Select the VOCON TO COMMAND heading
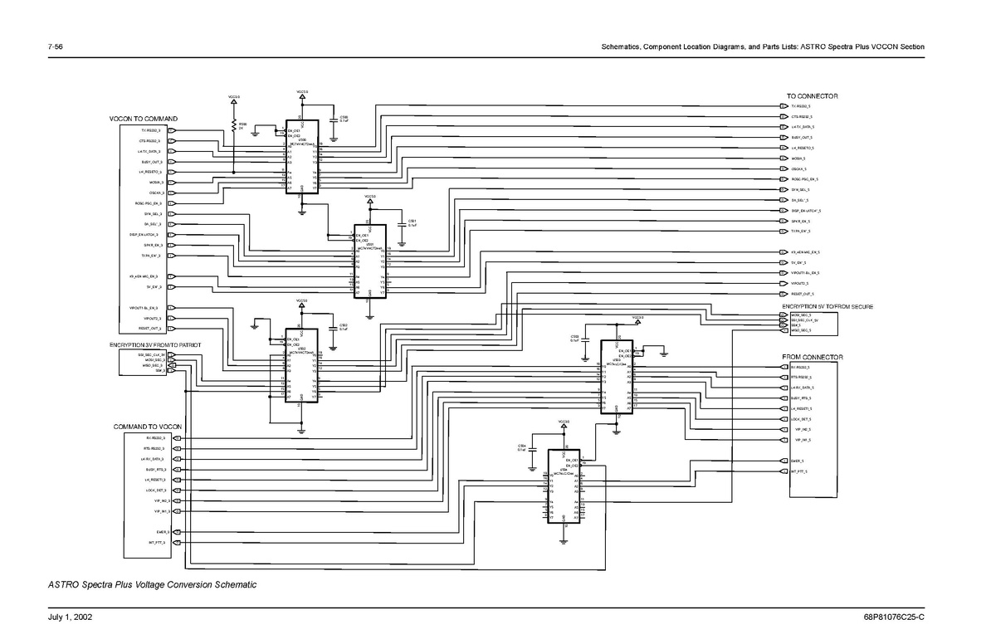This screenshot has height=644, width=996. [x=144, y=120]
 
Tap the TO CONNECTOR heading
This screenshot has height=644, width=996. [x=812, y=96]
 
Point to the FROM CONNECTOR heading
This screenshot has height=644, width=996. [x=812, y=357]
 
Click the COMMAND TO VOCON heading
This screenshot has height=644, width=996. [x=148, y=427]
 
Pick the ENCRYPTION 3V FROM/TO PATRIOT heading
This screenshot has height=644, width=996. [x=155, y=344]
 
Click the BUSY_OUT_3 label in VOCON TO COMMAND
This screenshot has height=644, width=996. [x=151, y=162]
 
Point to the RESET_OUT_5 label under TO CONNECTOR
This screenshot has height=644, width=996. [x=802, y=294]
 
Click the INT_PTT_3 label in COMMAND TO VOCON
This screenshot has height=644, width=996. [x=157, y=543]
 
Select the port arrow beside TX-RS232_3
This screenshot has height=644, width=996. [x=171, y=131]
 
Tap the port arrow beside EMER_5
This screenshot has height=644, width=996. [x=784, y=461]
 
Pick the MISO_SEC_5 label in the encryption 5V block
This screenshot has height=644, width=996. [x=800, y=330]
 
